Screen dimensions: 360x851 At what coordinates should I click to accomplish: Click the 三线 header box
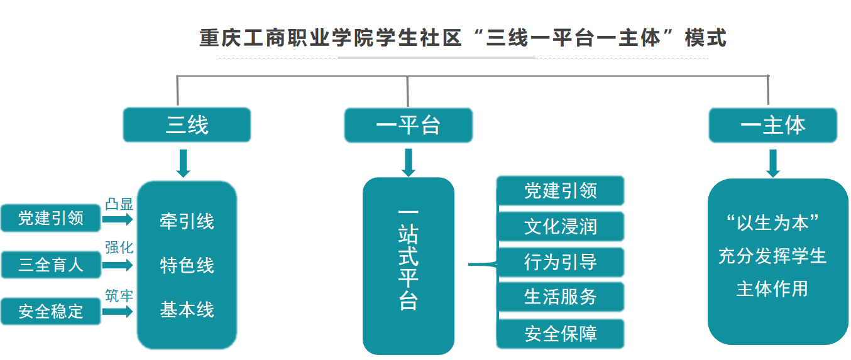coord(187,125)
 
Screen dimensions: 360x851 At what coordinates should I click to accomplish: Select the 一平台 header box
coord(408,125)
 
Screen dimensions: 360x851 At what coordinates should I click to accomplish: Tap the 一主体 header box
coord(772,125)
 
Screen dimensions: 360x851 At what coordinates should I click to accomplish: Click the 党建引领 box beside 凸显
coord(50,218)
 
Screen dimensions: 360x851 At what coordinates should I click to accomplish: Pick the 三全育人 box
coord(50,265)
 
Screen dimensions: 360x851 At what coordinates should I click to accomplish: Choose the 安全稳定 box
coord(50,311)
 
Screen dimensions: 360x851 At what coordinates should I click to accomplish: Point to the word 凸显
coord(119,204)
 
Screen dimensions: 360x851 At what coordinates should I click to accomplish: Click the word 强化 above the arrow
coord(119,248)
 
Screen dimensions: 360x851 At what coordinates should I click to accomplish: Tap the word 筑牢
coord(119,295)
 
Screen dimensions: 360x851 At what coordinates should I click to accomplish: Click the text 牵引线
coord(187,221)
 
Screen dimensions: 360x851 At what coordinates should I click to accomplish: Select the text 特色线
coord(187,265)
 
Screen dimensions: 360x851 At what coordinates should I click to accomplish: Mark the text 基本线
coord(187,310)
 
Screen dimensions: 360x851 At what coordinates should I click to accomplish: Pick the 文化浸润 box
coord(560,226)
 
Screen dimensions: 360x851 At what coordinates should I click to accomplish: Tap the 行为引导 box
coord(560,261)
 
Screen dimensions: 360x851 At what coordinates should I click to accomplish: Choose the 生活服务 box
coord(560,297)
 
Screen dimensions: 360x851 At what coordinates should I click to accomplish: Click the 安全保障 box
coord(560,334)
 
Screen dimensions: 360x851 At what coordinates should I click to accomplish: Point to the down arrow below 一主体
coord(773,163)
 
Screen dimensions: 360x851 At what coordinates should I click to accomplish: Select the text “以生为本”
coord(772,223)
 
